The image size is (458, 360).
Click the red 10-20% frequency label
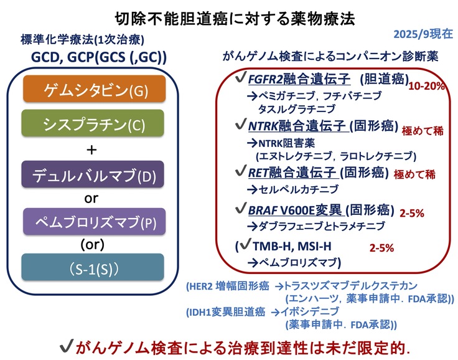[x=426, y=86]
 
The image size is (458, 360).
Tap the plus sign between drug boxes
[x=91, y=149]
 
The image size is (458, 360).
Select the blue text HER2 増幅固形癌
[x=228, y=287]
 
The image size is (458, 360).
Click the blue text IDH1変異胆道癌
[x=228, y=311]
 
